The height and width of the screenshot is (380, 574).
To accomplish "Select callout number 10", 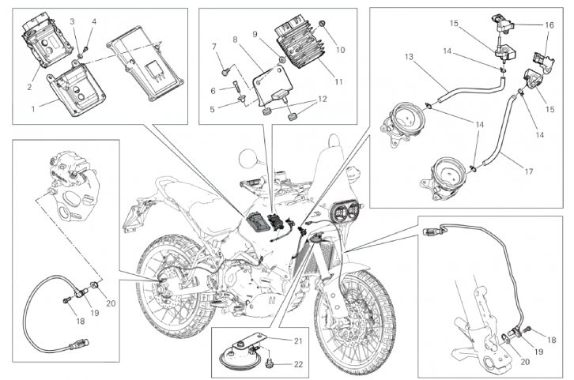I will tap(340, 50).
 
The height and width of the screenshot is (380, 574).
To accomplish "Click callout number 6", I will tap(213, 90).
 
